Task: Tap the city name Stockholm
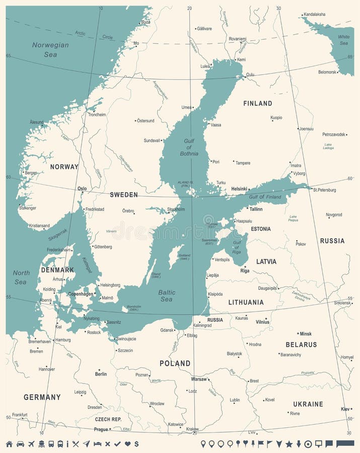pyautogui.click(x=176, y=209)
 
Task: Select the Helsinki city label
pyautogui.click(x=239, y=189)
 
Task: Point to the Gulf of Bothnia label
pyautogui.click(x=189, y=146)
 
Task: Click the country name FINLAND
pyautogui.click(x=257, y=103)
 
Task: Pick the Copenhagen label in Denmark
pyautogui.click(x=81, y=294)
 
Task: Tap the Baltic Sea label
pyautogui.click(x=167, y=295)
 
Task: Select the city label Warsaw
pyautogui.click(x=199, y=379)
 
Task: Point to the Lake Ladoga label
pyautogui.click(x=328, y=146)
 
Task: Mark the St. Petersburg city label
pyautogui.click(x=324, y=190)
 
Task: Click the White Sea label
pyautogui.click(x=343, y=40)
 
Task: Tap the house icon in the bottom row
pyautogui.click(x=9, y=444)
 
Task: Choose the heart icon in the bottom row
pyautogui.click(x=127, y=444)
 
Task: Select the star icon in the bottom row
pyautogui.click(x=289, y=444)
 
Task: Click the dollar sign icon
pyautogui.click(x=136, y=444)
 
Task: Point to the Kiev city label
pyautogui.click(x=345, y=409)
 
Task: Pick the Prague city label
pyautogui.click(x=101, y=429)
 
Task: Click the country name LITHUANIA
pyautogui.click(x=246, y=303)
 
